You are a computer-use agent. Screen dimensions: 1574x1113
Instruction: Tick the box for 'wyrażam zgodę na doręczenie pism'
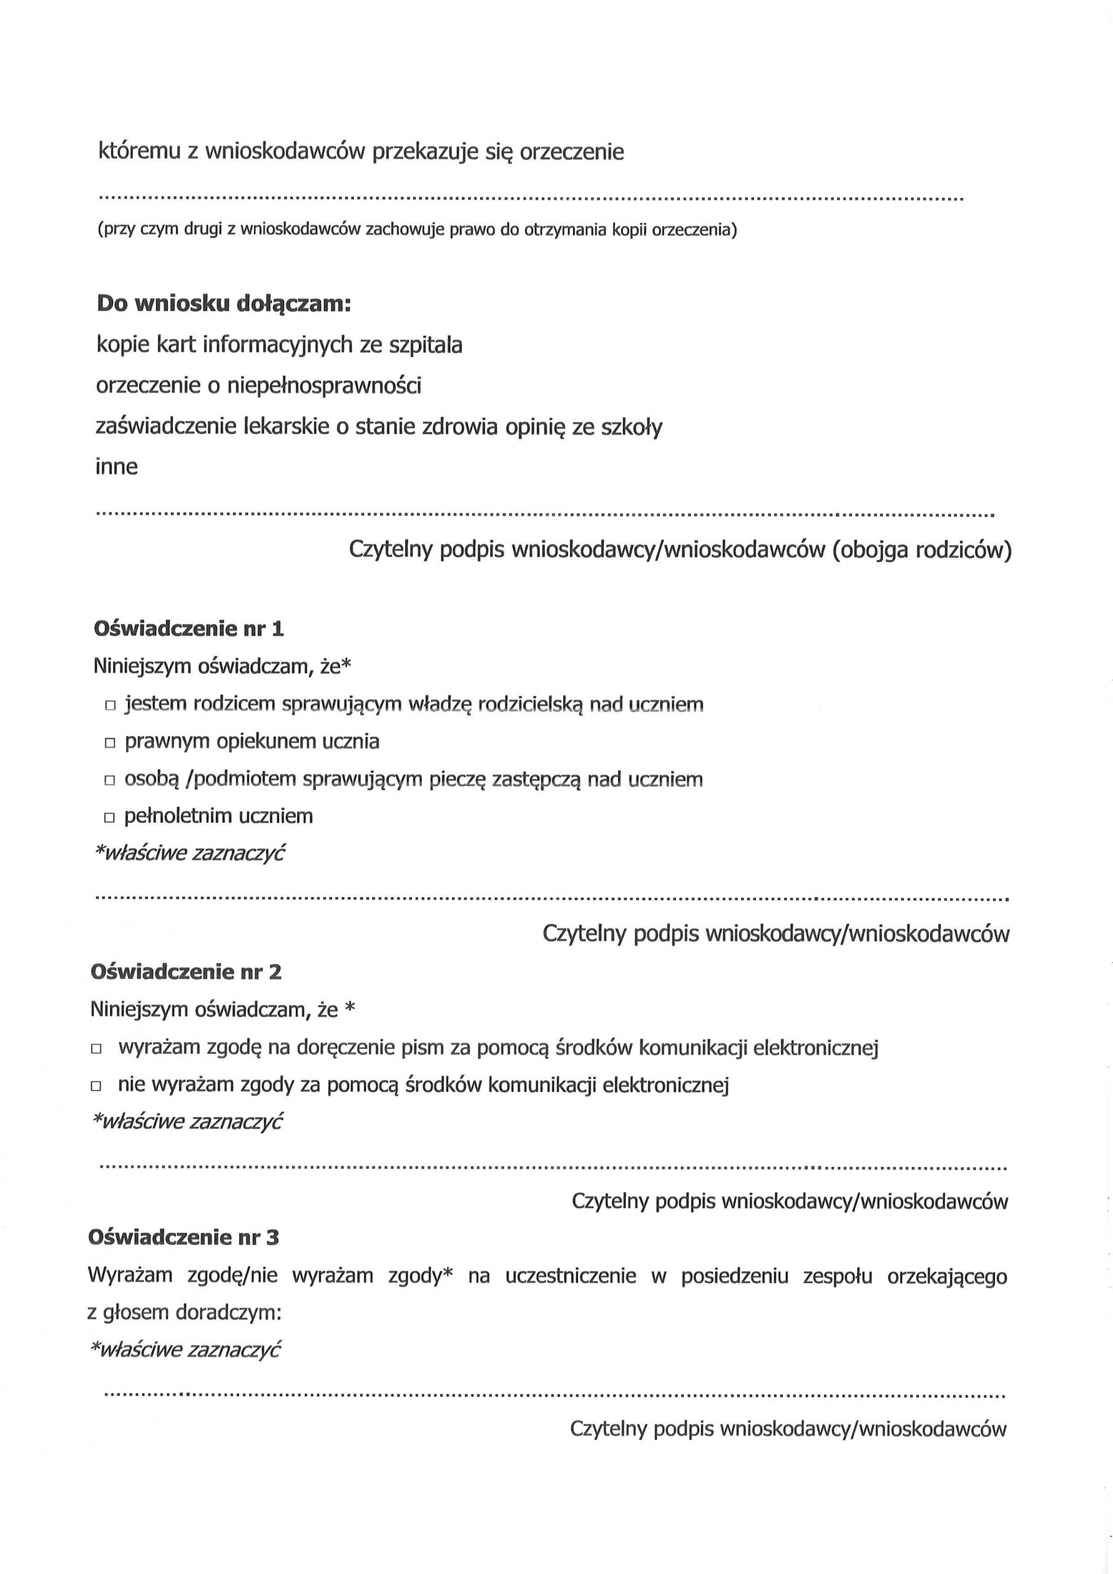point(96,1049)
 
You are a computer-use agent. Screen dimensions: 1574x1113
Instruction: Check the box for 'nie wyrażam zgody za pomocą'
point(96,1086)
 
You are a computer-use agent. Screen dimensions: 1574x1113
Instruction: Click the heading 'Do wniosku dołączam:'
point(224,303)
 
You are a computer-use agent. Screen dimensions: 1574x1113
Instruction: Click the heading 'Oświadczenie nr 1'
point(189,628)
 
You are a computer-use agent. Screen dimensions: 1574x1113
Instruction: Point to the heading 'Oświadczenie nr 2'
point(186,972)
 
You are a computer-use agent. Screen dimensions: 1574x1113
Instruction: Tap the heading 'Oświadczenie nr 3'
point(184,1238)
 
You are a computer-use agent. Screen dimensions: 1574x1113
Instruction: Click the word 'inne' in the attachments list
point(117,467)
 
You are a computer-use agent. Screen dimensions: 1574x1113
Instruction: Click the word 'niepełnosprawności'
point(323,386)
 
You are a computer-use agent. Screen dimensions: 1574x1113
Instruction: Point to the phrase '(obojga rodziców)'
point(922,550)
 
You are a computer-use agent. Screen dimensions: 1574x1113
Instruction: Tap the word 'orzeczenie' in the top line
point(572,151)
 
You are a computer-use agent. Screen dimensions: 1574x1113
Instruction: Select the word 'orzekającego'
point(947,1276)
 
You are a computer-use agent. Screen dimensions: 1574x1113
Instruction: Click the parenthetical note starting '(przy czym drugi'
point(417,230)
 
